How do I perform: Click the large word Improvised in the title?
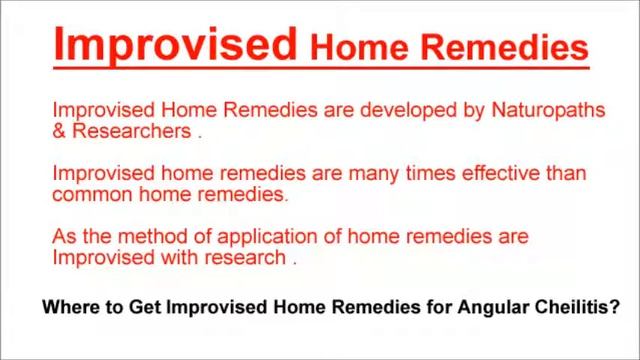(171, 44)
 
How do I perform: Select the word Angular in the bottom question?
(497, 309)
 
